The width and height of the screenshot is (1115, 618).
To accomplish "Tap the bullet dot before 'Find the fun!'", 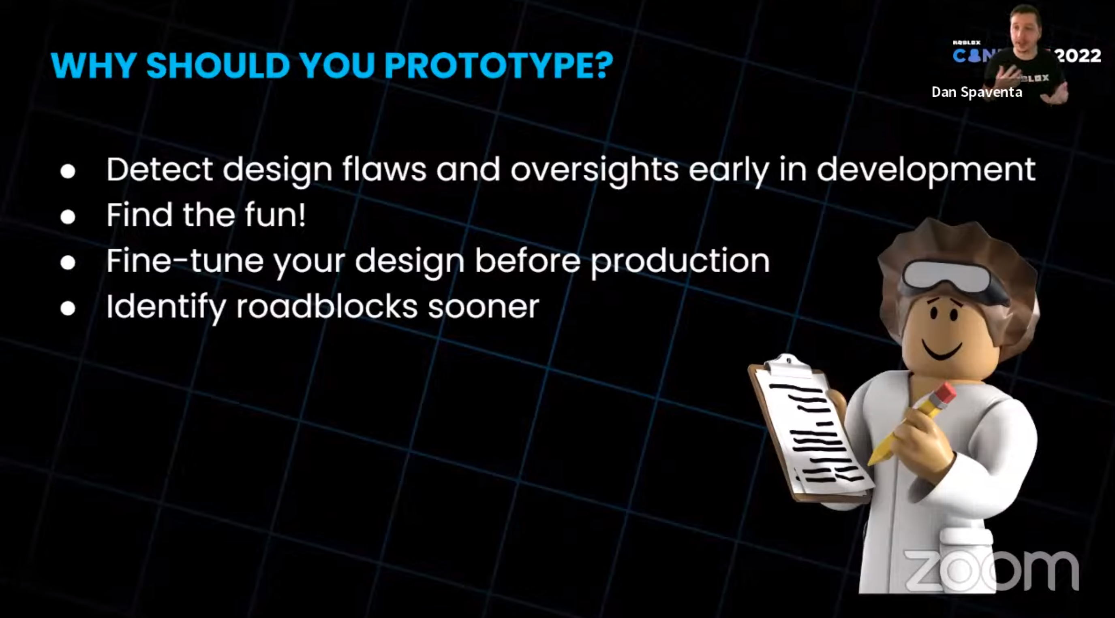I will click(68, 217).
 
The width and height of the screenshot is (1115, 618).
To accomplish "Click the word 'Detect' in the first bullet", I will click(159, 169).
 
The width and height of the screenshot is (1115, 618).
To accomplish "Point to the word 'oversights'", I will click(594, 170).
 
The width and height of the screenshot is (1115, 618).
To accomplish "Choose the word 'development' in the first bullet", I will click(926, 170).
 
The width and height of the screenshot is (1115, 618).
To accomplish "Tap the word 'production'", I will click(680, 261).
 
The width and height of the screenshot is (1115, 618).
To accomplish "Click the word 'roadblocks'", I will click(327, 306).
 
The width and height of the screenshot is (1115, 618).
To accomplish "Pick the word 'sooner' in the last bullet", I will click(484, 307).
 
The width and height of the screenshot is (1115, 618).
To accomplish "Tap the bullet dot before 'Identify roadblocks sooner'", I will click(68, 308).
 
